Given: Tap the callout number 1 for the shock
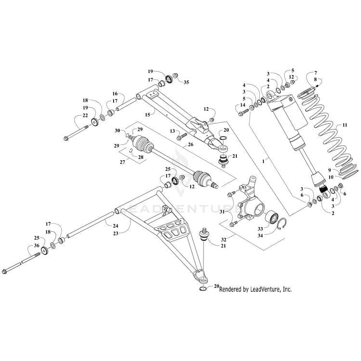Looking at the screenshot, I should pyautogui.click(x=263, y=163).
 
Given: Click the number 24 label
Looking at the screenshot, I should pyautogui.click(x=116, y=225).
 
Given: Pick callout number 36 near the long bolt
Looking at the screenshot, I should pyautogui.click(x=36, y=246).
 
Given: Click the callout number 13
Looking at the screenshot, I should pyautogui.click(x=172, y=131).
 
